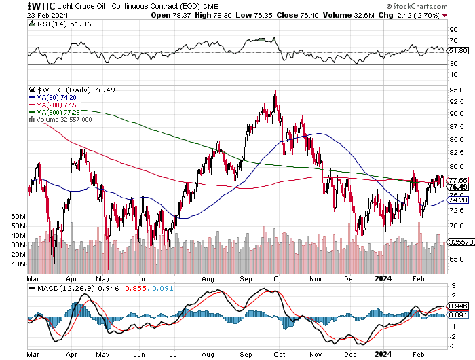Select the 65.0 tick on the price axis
pyautogui.click(x=457, y=259)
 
